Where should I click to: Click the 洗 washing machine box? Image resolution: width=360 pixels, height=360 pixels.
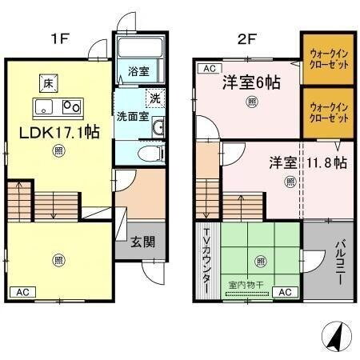pos(152,98)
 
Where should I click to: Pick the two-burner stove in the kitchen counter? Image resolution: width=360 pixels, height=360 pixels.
pos(72,106)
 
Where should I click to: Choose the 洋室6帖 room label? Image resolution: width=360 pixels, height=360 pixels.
pos(250,82)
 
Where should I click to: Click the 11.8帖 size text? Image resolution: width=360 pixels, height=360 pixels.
pos(328,162)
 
